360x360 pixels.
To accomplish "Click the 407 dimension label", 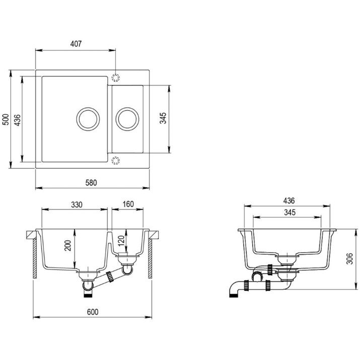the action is [76, 44].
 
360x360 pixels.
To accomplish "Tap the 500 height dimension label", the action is [6, 119].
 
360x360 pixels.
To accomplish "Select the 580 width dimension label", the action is [91, 183].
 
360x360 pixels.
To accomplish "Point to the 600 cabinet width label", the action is [93, 312].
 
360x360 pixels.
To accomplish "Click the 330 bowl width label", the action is [77, 204].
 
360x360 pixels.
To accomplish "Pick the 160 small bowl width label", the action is [128, 204].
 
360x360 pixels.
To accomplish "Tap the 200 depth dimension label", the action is [68, 245].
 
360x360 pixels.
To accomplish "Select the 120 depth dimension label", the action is [121, 240].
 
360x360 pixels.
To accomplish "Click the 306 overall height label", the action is [349, 259].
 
